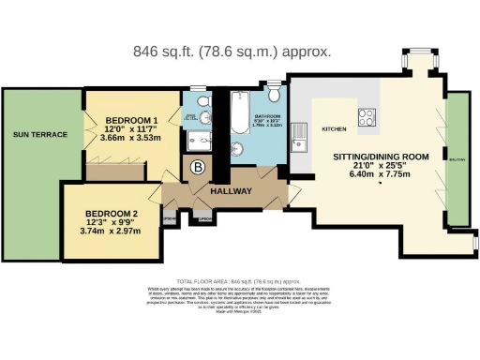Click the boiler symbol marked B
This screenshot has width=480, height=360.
tap(199, 169)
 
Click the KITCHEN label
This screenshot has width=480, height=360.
tap(335, 127)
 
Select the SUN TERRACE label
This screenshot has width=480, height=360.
tap(39, 135)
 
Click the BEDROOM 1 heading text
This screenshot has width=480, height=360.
tap(130, 121)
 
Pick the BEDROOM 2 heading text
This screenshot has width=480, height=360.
tap(109, 211)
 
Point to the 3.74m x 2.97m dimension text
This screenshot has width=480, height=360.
tap(109, 230)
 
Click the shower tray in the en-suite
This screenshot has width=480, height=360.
tap(200, 140)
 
